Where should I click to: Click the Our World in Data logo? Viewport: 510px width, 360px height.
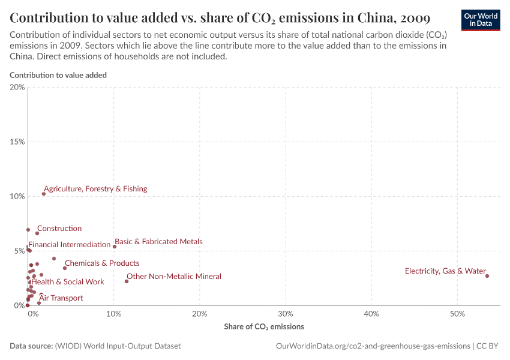coord(480,20)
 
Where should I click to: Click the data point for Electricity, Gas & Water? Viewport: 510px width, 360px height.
coord(487,276)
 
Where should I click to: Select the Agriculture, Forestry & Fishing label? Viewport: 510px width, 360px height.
coord(95,189)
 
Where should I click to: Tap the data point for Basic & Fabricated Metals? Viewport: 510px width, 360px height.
coord(115,247)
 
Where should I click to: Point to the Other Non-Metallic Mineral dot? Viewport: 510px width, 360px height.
coord(127,281)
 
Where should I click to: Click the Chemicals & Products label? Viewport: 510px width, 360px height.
coord(102,263)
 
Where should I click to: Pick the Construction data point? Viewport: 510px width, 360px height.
coord(37,233)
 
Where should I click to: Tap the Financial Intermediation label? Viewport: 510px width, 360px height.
coord(70,245)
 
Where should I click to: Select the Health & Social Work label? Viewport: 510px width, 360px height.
coord(68,281)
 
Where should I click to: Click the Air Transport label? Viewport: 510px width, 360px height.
coord(61,298)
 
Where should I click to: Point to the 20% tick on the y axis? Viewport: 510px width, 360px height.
coord(17,88)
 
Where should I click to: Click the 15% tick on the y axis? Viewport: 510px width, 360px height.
coord(17,142)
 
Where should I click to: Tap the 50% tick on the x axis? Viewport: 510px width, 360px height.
coord(458,314)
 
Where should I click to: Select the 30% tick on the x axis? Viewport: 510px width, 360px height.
coord(286,314)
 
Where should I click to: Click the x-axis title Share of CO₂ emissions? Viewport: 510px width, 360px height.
coord(264,327)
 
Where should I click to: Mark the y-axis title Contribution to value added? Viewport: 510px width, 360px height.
coord(58,76)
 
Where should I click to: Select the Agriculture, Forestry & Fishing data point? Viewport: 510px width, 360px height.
coord(44,194)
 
